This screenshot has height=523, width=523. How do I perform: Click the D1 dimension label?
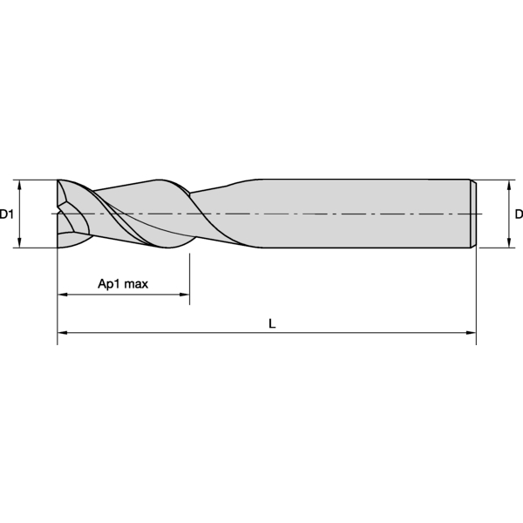[6, 214]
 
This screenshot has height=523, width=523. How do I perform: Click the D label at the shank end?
[519, 214]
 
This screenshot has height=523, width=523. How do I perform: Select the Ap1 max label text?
[123, 284]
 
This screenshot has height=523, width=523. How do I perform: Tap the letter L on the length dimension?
[272, 323]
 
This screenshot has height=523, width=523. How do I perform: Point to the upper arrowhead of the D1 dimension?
[19, 185]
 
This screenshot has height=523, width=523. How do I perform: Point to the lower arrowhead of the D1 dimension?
[19, 243]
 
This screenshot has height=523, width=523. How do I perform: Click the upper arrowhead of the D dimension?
[509, 185]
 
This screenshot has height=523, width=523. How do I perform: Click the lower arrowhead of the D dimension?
[509, 243]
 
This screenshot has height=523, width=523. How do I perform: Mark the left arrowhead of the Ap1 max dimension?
[63, 295]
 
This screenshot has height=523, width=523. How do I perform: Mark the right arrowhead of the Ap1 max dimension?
[185, 295]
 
